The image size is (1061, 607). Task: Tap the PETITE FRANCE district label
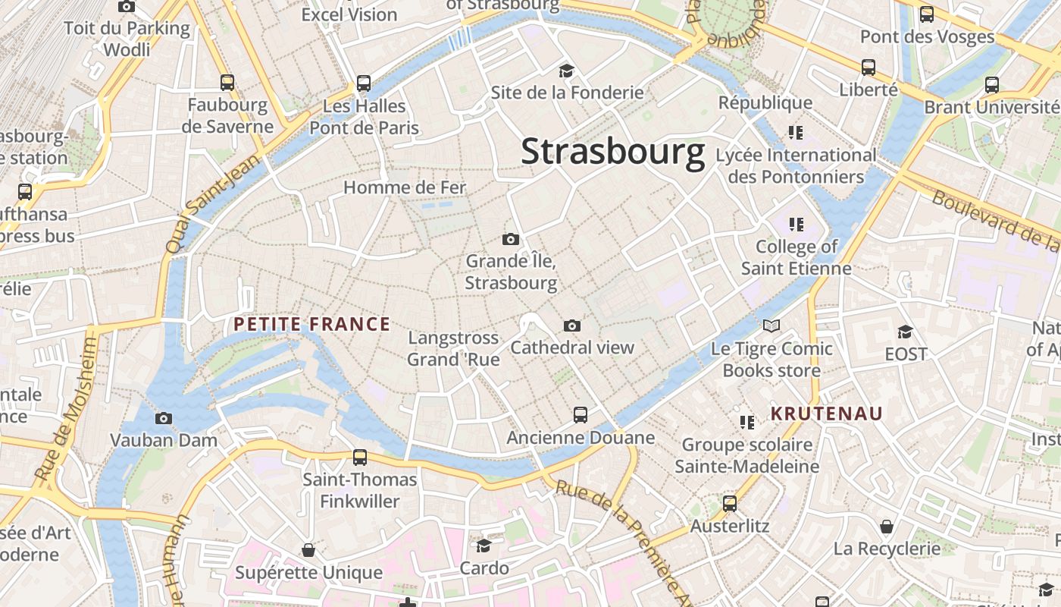tap(311, 325)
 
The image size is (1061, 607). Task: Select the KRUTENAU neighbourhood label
tap(827, 414)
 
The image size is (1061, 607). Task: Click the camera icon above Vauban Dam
tap(163, 418)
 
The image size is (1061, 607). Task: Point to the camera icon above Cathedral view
tap(572, 326)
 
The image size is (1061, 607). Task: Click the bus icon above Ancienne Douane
tap(581, 415)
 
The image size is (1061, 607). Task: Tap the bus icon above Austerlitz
tap(730, 504)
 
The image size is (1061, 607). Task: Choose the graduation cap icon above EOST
tap(905, 332)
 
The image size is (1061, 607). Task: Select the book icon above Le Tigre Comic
tap(771, 326)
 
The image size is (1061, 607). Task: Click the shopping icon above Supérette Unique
tap(308, 549)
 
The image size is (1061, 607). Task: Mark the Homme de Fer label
tap(405, 187)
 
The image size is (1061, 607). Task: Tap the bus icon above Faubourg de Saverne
tap(227, 83)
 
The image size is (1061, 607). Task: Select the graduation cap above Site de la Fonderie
tap(566, 71)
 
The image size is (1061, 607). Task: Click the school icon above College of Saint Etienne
tap(796, 225)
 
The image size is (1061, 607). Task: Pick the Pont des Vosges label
tap(927, 36)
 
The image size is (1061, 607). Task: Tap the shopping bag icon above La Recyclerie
tap(886, 527)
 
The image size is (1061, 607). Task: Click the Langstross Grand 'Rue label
tap(453, 348)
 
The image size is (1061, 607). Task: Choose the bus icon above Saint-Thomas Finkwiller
tap(360, 458)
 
